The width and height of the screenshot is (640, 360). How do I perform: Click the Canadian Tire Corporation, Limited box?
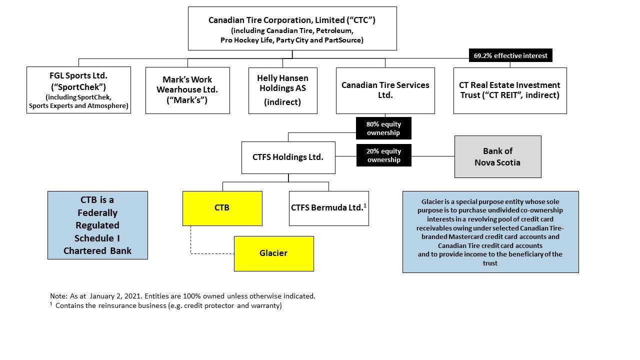(292, 28)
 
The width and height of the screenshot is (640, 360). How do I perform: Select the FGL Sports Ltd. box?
(78, 90)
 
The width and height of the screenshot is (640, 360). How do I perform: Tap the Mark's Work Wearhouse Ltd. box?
(187, 90)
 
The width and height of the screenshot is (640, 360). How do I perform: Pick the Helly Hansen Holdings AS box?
(282, 90)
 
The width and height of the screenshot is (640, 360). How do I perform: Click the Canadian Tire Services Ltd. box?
(385, 90)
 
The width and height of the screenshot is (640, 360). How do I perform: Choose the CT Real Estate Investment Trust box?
(509, 90)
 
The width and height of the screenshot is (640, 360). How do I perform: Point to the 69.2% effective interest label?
(510, 55)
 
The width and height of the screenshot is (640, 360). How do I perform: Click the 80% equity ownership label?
(383, 128)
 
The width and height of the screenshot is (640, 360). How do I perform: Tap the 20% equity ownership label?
(383, 155)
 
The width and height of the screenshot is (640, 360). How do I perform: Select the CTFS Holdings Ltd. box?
(288, 157)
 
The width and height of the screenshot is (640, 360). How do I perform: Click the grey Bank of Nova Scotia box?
(497, 156)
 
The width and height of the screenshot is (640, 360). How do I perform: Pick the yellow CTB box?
(222, 208)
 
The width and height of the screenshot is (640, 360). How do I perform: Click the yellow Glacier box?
(273, 253)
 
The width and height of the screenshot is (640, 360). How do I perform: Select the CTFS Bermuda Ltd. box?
(328, 208)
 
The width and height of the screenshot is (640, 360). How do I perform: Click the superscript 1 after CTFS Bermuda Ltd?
(365, 205)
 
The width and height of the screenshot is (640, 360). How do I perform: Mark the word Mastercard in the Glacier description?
(466, 236)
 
